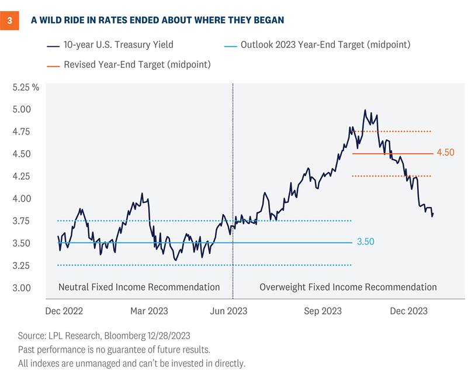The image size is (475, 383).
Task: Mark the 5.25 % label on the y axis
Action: pyautogui.click(x=26, y=87)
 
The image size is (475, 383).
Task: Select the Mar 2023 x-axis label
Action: pyautogui.click(x=148, y=311)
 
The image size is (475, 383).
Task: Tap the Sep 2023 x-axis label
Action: pyautogui.click(x=324, y=311)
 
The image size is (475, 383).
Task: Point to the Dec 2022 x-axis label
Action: pyautogui.click(x=65, y=311)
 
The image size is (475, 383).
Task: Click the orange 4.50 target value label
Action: pyautogui.click(x=445, y=153)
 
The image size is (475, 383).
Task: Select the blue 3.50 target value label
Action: pyautogui.click(x=365, y=241)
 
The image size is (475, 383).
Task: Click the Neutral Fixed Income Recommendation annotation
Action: pyautogui.click(x=139, y=287)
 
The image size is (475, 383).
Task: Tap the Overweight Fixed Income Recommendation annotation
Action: pyautogui.click(x=348, y=287)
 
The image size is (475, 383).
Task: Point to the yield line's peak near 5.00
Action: pyautogui.click(x=365, y=110)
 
